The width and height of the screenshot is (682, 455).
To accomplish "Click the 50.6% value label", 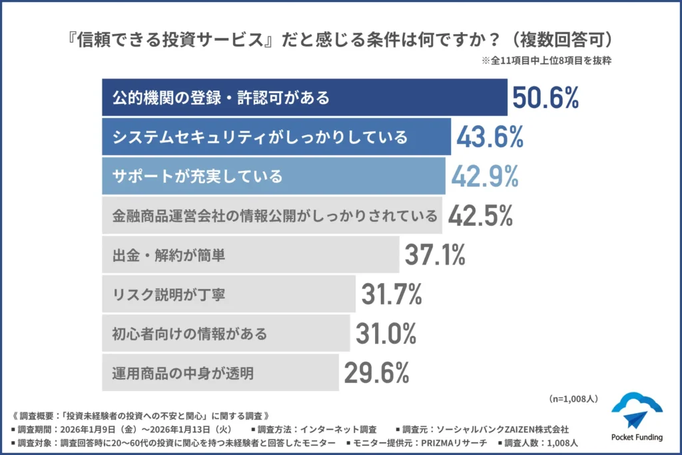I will tap(545, 98).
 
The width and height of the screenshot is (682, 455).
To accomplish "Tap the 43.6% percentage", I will tap(490, 137).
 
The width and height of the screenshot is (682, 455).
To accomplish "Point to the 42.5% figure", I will tap(480, 216).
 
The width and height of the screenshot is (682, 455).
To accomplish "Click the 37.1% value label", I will tap(435, 254).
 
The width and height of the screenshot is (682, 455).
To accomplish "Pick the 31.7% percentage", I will tap(391, 294).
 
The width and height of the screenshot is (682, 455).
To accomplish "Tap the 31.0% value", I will tap(386, 333).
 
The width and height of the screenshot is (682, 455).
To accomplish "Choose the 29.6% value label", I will tap(376, 372).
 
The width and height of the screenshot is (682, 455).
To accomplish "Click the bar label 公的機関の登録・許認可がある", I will tap(221, 99).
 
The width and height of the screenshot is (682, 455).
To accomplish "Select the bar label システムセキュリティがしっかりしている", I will tap(260, 138).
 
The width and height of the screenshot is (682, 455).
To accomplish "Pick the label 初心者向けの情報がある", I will tap(189, 334).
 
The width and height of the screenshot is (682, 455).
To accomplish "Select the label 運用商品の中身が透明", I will tap(182, 373).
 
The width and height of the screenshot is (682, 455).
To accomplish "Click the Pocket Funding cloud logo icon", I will tap(636, 411).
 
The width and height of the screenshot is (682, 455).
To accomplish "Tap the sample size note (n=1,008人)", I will tap(573, 398).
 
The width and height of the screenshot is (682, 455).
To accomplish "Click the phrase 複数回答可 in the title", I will tap(570, 39).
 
